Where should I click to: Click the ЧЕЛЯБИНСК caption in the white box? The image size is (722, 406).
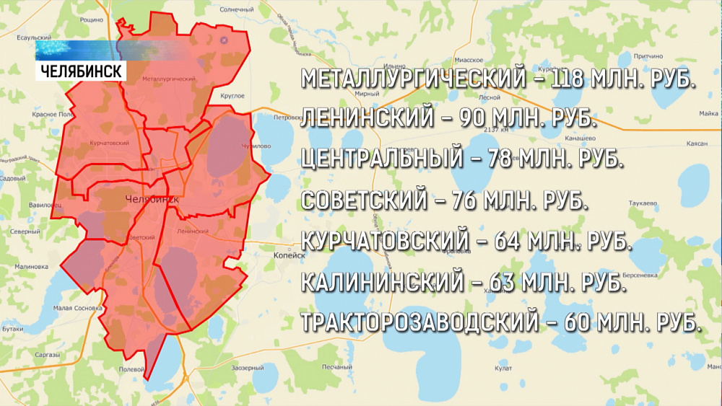(80, 71)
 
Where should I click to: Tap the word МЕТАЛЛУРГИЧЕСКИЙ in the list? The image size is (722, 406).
(413, 79)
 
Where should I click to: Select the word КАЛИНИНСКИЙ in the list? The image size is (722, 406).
(380, 281)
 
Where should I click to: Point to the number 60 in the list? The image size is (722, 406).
(584, 322)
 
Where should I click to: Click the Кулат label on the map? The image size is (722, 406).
(504, 369)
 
